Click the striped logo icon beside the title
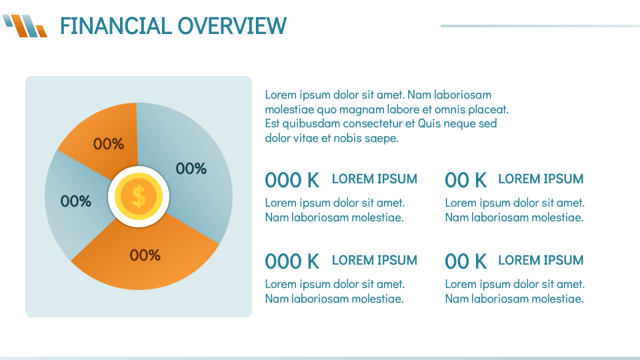coord(25,26)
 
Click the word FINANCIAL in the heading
coord(116,26)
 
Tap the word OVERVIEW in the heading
coord(232,26)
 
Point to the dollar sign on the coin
coord(139,196)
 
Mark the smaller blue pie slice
coord(75,204)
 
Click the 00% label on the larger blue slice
coord(191,169)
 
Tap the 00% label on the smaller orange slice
coord(109,144)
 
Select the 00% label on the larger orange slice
coord(145,255)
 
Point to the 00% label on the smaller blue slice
coord(76,201)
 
